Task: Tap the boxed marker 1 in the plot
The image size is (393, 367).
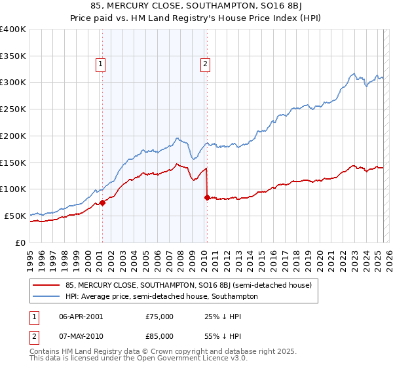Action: tap(101, 64)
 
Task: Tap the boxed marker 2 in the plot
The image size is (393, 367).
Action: tap(205, 64)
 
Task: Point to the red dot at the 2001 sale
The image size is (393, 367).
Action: tap(102, 203)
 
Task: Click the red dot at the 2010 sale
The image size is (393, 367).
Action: tap(207, 197)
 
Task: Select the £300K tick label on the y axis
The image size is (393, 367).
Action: tap(13, 83)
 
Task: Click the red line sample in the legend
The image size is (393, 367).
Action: tap(47, 285)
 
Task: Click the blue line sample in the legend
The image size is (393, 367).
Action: tap(47, 296)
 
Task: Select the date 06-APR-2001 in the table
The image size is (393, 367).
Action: tap(82, 316)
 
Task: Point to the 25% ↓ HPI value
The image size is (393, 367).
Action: tap(223, 316)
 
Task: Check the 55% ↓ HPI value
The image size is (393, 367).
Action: tap(223, 336)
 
